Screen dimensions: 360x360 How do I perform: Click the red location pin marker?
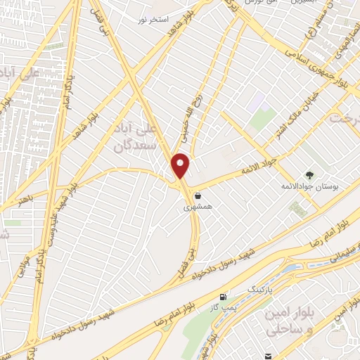(x=181, y=166)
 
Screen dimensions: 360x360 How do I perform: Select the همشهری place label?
(x=196, y=207)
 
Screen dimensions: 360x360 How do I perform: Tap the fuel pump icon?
(x=224, y=298)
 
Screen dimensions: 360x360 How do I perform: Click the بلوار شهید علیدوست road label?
(x=53, y=221)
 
